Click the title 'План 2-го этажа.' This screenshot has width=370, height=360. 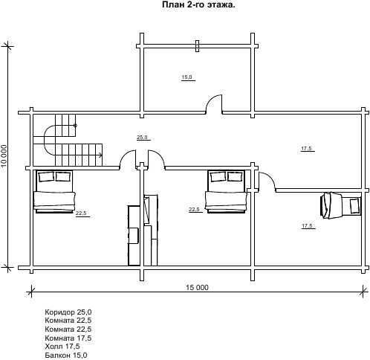(x=198, y=5)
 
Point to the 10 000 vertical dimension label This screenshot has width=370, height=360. (x=4, y=155)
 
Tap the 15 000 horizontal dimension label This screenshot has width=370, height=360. (x=198, y=287)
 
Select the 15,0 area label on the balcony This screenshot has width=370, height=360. (x=186, y=77)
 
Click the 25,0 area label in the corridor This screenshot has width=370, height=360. (x=142, y=137)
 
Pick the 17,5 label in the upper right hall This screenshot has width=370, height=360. (x=306, y=149)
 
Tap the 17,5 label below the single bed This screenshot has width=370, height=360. (x=307, y=226)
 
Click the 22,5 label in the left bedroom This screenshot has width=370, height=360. (x=81, y=213)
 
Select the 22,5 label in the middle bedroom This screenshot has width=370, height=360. (x=194, y=210)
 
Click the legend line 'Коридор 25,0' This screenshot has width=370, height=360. (x=68, y=312)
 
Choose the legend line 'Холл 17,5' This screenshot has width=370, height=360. (x=62, y=346)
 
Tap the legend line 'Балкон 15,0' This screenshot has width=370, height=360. (x=66, y=355)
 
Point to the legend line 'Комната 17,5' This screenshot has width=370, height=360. (x=68, y=338)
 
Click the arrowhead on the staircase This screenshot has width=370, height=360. (x=100, y=155)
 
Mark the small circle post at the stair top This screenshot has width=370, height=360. (x=75, y=126)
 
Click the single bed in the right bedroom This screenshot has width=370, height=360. (x=340, y=205)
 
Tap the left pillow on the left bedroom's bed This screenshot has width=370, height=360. (x=46, y=177)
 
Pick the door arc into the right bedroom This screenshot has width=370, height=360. (x=269, y=179)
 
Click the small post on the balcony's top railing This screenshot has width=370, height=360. (x=197, y=46)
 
